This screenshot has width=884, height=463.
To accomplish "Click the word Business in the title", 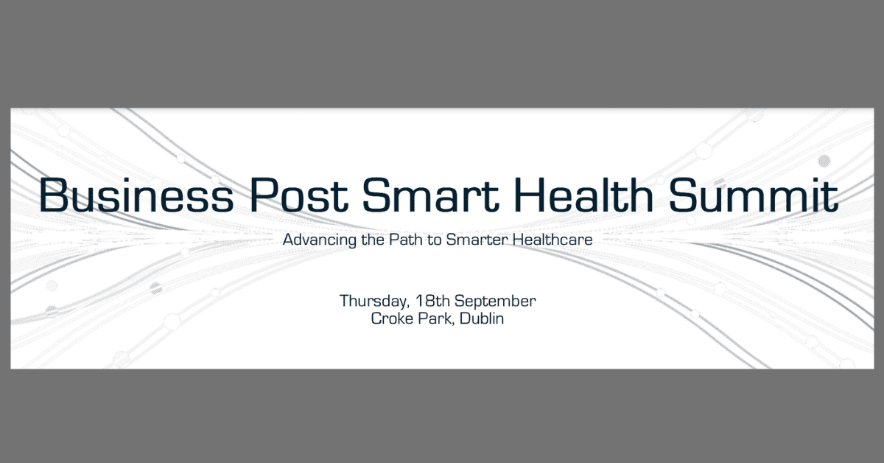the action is (x=136, y=195).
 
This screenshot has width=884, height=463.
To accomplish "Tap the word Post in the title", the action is (x=299, y=195).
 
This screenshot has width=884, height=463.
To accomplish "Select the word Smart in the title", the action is (x=431, y=195).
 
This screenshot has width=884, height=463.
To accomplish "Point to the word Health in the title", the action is (x=584, y=195).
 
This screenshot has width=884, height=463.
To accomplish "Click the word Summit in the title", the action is (x=754, y=195).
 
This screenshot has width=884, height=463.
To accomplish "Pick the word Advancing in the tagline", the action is (x=320, y=240).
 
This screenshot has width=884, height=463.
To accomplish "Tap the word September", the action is (x=495, y=302).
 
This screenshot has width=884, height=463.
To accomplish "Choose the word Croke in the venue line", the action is (x=392, y=318).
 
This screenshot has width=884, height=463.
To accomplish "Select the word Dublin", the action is (x=482, y=318).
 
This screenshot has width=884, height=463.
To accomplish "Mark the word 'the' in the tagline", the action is (x=373, y=240).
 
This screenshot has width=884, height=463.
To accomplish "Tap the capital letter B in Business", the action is (x=52, y=195).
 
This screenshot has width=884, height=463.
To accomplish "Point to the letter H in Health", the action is (x=529, y=195).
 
